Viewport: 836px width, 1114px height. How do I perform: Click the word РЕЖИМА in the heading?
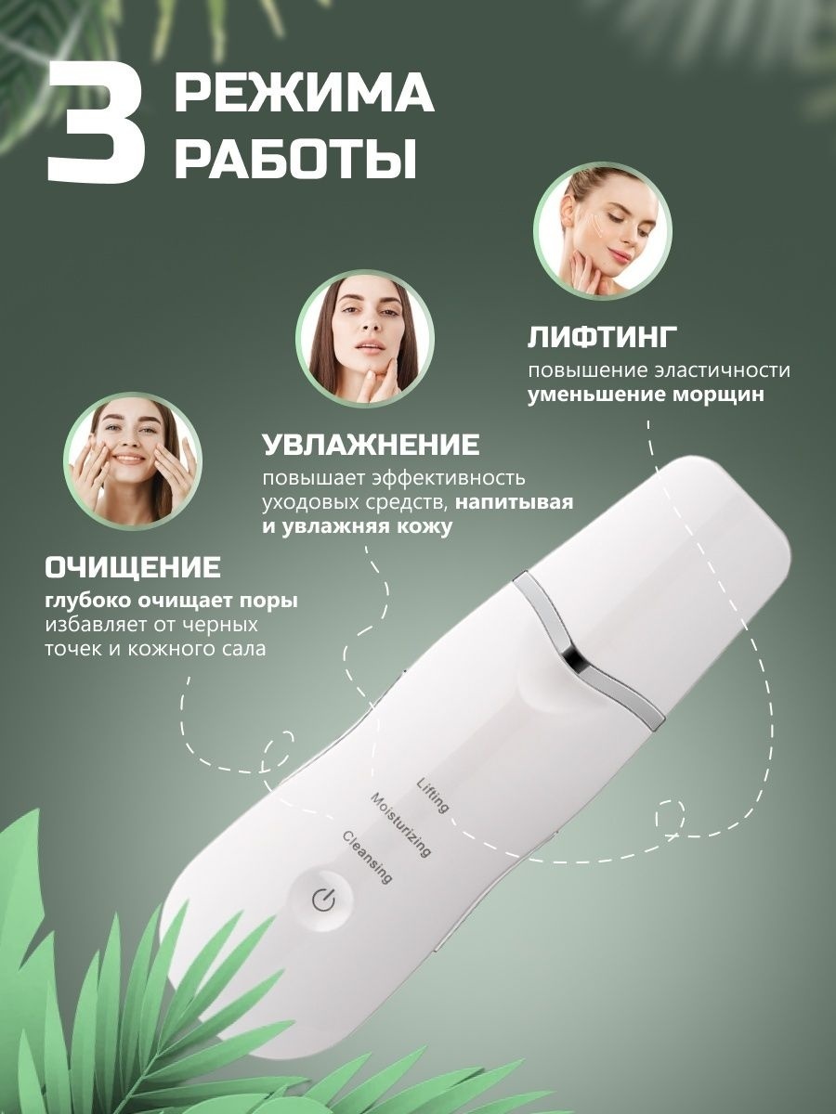point(305,94)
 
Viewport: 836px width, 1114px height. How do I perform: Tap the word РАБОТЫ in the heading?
point(296,158)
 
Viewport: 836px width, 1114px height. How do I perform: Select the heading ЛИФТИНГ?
point(603,338)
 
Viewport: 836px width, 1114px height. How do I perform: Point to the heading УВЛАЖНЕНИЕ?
point(371,445)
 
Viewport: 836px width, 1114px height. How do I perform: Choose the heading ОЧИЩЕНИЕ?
point(133,567)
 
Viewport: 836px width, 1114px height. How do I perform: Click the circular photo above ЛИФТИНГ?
point(603,231)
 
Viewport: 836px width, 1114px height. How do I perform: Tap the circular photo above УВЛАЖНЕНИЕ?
point(364,338)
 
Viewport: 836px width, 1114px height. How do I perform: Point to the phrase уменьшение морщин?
point(646,395)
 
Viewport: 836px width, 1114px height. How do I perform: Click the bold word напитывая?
point(515,503)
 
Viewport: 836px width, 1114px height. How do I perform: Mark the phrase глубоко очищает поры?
point(172,602)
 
